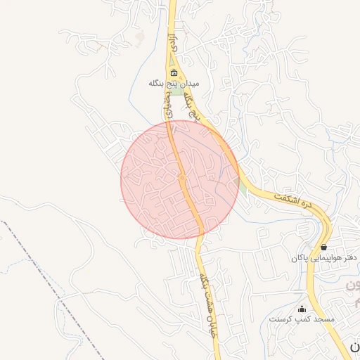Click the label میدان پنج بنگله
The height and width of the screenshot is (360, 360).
[174, 83]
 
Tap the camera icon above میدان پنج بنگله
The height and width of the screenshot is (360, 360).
[174, 72]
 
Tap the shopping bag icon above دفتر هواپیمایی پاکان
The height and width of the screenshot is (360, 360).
[323, 247]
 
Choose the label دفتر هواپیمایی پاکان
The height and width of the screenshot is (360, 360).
[325, 258]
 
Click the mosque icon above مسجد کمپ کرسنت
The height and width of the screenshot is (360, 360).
[302, 309]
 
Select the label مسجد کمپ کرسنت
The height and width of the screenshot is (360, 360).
[302, 319]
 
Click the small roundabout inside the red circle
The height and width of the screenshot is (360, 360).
[182, 178]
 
